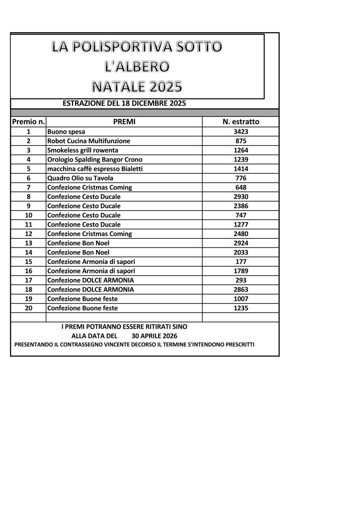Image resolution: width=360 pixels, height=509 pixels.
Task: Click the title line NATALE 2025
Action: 137,86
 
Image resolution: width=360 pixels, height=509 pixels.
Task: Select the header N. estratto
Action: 241,121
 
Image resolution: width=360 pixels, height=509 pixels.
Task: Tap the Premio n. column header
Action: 28,121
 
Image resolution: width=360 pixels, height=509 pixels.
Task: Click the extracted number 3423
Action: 241,132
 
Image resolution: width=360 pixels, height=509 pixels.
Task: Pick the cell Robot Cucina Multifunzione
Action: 89,141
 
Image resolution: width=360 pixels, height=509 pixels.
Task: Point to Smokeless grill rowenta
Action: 83,150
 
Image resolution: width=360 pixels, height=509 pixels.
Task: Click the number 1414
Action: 241,169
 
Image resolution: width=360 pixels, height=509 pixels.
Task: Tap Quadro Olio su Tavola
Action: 80,178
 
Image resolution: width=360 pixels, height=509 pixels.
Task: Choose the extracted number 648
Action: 241,187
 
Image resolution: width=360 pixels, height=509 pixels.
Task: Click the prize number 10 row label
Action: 28,215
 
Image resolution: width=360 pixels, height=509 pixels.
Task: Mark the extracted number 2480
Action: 241,234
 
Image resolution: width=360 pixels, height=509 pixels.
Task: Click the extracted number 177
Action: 241,261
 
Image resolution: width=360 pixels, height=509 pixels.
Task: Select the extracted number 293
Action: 241,280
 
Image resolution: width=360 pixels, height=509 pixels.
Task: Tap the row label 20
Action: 28,308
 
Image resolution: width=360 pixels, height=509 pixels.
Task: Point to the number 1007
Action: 241,299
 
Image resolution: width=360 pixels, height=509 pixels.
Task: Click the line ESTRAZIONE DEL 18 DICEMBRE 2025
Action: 124,103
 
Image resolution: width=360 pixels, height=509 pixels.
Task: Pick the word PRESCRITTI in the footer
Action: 237,344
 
